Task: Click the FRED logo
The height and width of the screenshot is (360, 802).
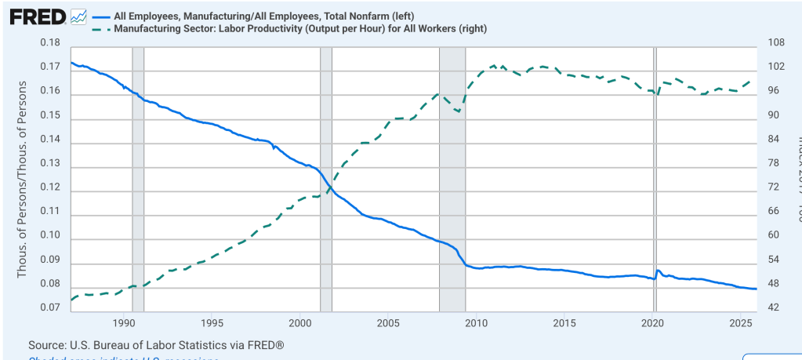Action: coord(36,16)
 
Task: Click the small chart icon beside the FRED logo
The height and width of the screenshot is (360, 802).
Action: coord(78,16)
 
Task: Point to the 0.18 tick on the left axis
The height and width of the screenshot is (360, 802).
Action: coord(50,42)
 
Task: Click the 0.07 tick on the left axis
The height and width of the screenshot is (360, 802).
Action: coord(50,308)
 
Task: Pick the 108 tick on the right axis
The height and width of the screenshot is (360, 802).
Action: coord(774,42)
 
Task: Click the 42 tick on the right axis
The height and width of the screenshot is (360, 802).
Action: coord(774,308)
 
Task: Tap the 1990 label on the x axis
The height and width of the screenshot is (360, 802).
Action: coord(124,322)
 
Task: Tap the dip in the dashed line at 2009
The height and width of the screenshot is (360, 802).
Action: coord(458,111)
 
